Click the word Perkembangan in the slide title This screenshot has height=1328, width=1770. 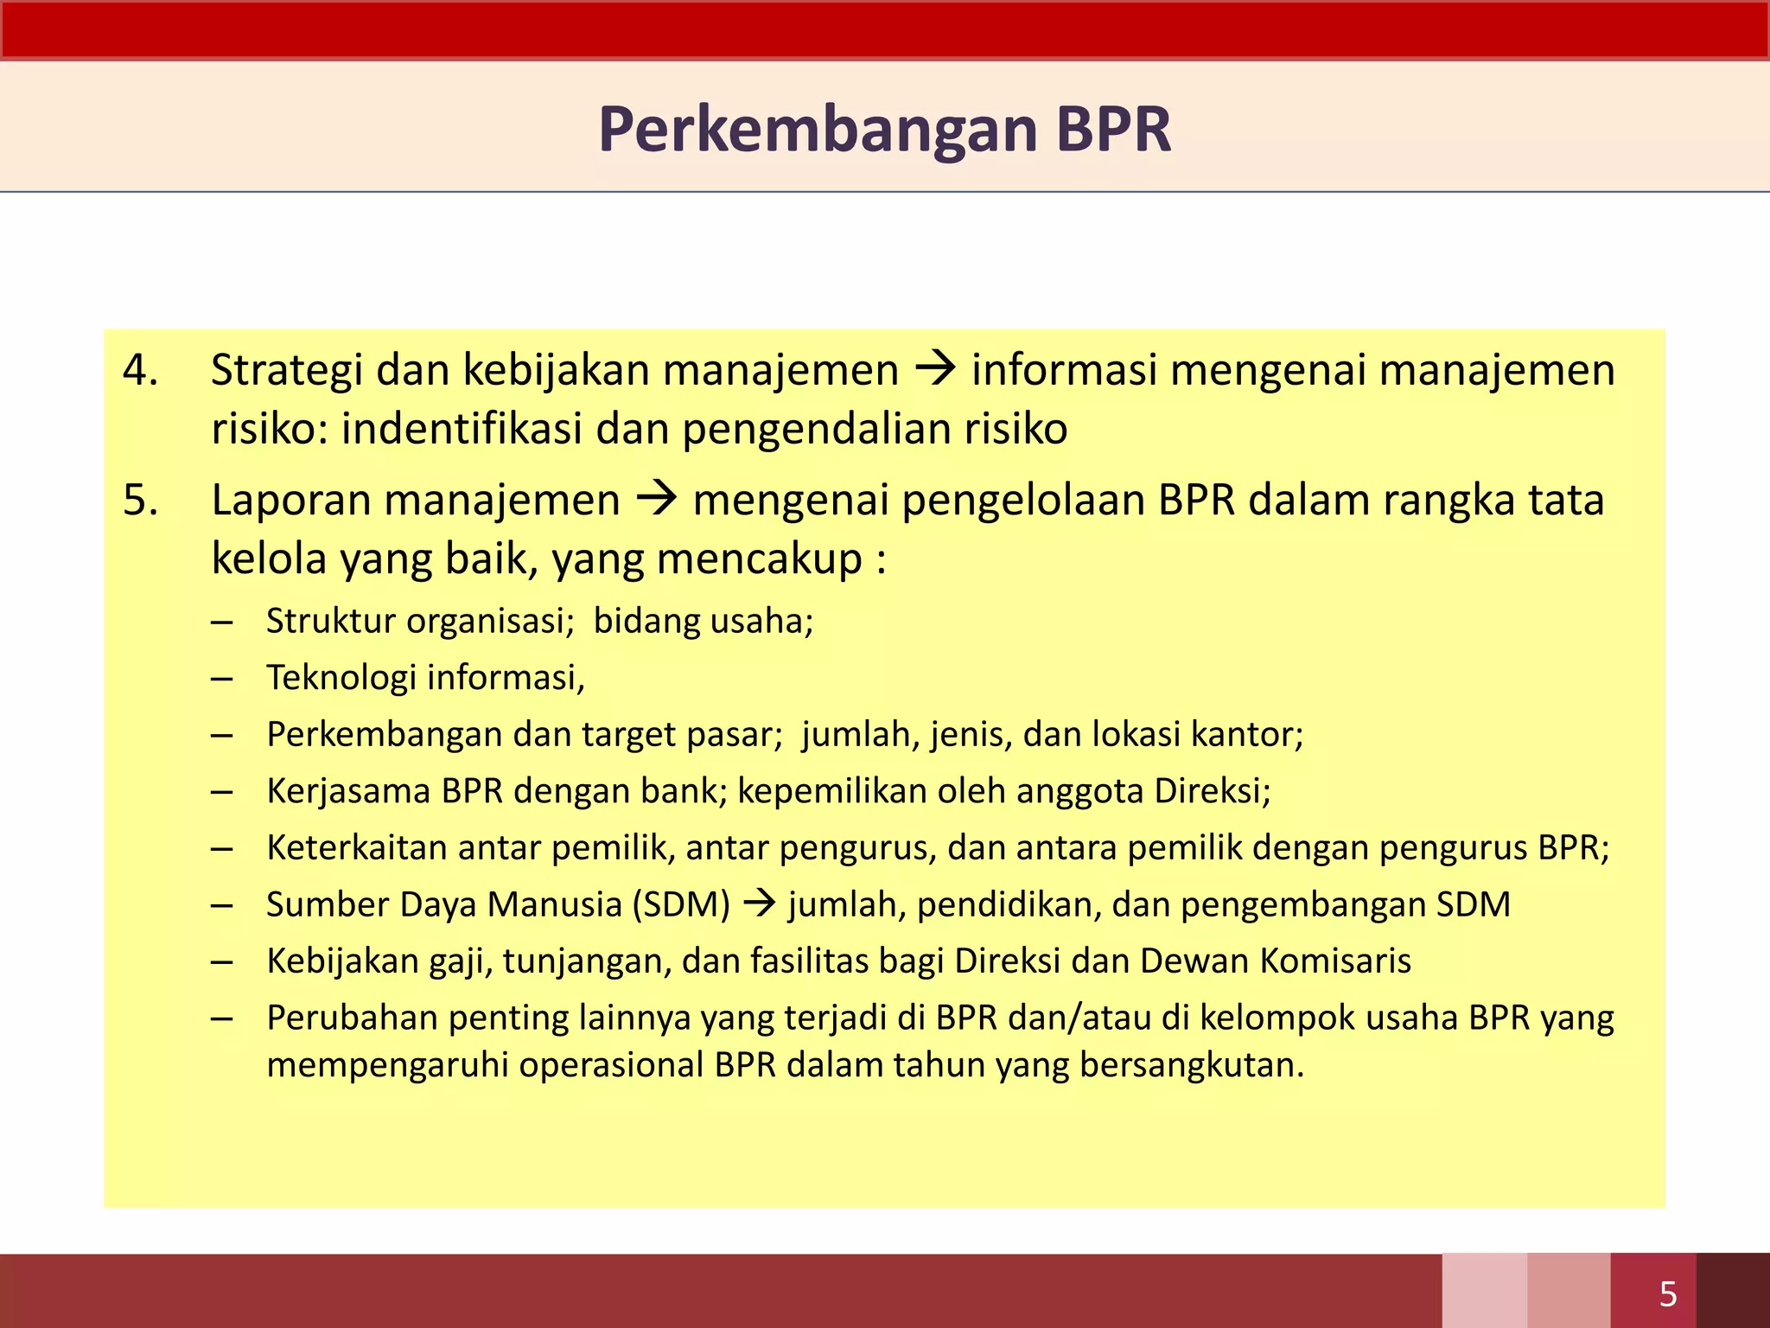pos(818,130)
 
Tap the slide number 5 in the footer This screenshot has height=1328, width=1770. pos(1668,1294)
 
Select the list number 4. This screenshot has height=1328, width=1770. pos(139,370)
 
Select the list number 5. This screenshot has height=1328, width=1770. pos(140,500)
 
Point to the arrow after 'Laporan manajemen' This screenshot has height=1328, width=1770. pos(657,500)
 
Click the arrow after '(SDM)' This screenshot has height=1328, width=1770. pos(760,904)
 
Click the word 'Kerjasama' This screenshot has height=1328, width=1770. pos(348,791)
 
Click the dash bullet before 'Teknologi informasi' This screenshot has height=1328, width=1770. pos(222,678)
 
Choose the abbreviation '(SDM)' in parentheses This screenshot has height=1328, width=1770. pos(681,904)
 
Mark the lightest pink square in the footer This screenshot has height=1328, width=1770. pos(1483,1290)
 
